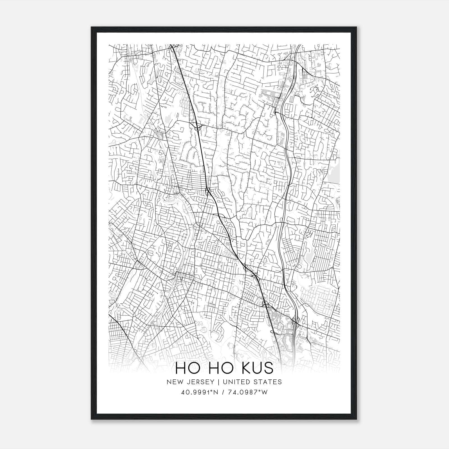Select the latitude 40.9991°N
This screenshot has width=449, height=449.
(x=199, y=392)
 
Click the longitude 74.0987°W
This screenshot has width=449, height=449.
(x=248, y=392)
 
